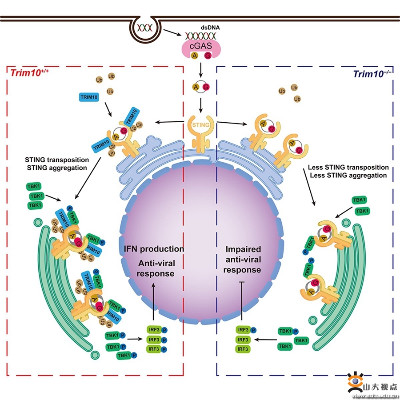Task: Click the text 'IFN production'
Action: coord(151,249)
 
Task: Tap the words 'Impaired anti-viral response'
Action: coord(242,260)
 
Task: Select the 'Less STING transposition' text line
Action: coord(348,168)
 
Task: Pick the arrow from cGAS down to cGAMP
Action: coord(201,69)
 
